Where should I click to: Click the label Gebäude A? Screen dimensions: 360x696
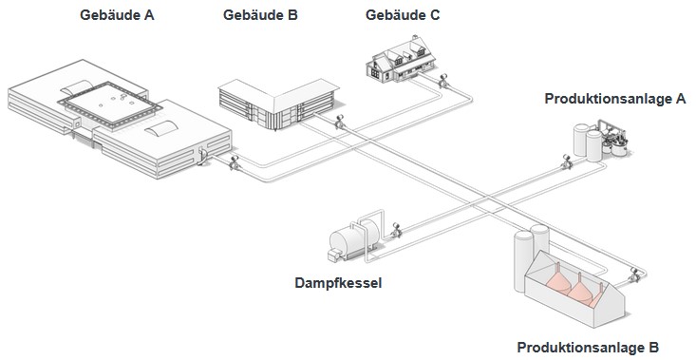pos(118,15)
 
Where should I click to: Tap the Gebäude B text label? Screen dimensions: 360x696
pos(259,15)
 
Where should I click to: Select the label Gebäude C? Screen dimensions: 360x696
pos(403,15)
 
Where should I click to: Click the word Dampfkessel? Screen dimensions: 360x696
pos(339,282)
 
